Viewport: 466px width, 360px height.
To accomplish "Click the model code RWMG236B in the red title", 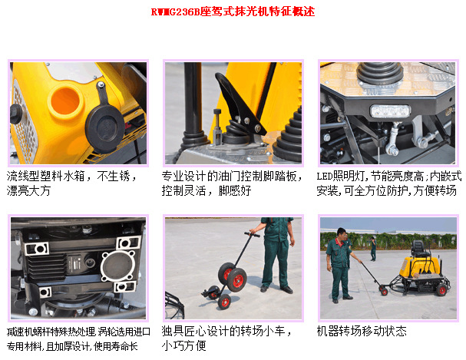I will click(175, 12).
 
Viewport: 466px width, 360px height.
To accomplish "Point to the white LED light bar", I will click(390, 110).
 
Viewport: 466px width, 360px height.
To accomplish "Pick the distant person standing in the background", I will click(373, 247).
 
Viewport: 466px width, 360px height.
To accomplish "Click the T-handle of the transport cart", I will click(250, 233).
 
